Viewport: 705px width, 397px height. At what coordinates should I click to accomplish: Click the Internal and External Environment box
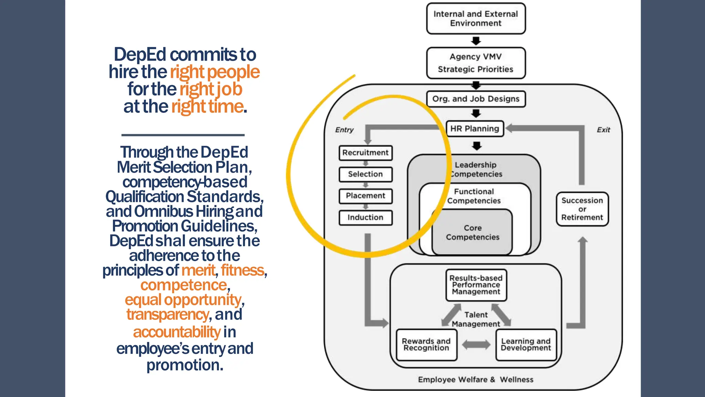point(476,19)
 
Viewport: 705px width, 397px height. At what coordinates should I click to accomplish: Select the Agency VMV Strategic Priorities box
point(476,63)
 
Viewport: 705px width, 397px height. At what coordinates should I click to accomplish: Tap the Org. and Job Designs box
point(476,99)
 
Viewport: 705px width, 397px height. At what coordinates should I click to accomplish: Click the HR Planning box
point(475,129)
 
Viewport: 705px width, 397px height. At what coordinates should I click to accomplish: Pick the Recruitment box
point(365,153)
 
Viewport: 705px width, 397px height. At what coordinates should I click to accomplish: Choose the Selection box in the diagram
point(365,174)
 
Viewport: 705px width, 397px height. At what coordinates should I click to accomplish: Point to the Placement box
point(365,196)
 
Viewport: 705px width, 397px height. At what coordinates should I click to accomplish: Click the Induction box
point(365,217)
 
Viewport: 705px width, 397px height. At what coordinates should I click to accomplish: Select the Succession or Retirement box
point(582,209)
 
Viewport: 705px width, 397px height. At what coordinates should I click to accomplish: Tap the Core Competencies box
point(472,233)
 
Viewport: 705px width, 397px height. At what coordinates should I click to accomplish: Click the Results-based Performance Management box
point(476,285)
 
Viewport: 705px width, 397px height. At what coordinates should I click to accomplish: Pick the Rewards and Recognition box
point(426,345)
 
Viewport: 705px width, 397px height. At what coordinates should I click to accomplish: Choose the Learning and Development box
point(526,345)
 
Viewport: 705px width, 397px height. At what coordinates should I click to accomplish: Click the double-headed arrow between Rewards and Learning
point(476,345)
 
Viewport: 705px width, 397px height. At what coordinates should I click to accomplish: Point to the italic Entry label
point(344,130)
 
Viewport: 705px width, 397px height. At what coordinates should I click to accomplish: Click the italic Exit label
point(603,130)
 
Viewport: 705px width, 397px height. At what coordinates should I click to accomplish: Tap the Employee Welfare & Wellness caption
point(475,379)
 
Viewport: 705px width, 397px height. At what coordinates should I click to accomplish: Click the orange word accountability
point(177,332)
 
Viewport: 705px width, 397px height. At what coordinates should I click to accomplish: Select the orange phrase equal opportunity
point(183,300)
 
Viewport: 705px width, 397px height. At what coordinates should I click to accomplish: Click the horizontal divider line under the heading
point(183,135)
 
